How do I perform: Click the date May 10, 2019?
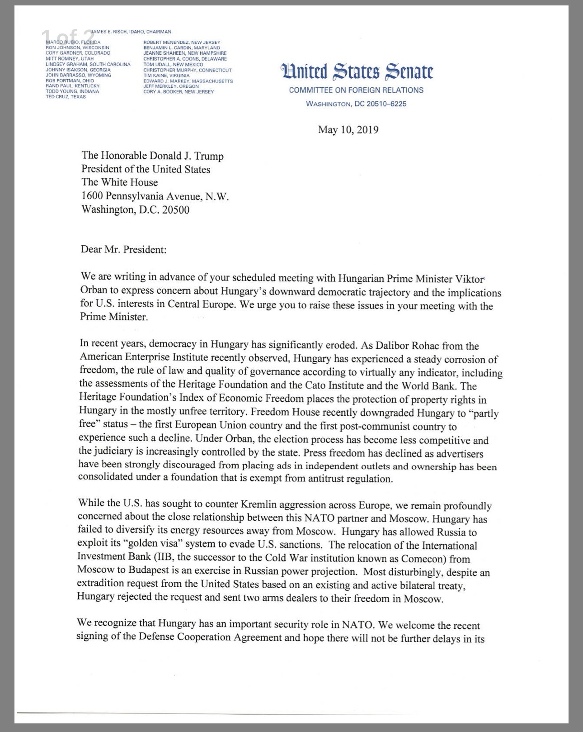tap(348, 130)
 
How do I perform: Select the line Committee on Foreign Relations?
tap(356, 90)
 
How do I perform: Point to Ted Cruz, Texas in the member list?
tap(66, 97)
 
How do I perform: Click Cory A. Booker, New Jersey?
tap(179, 92)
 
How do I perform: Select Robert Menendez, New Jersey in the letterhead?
tap(182, 42)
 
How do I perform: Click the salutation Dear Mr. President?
tap(123, 249)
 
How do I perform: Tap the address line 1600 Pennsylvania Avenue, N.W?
tap(155, 196)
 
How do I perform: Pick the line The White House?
tap(119, 183)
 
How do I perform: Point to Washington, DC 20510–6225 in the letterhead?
tap(356, 104)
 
